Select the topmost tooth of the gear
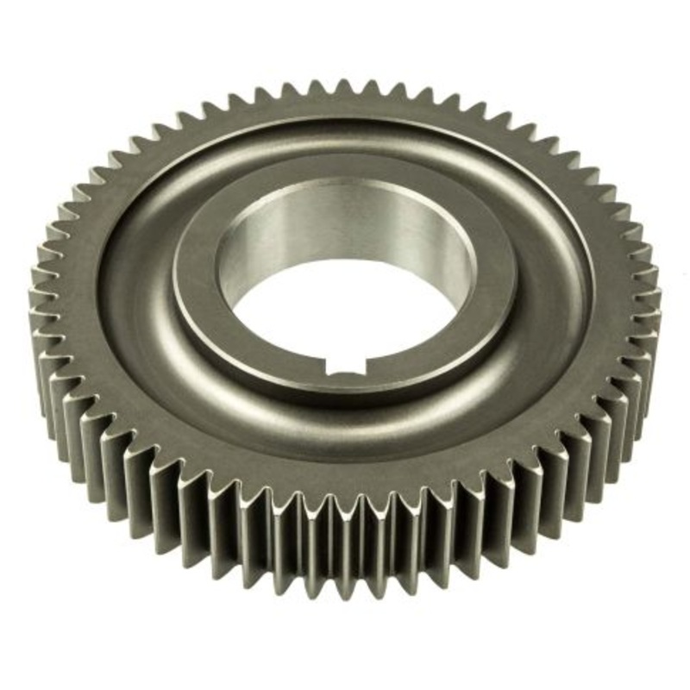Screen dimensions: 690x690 click(345, 86)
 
